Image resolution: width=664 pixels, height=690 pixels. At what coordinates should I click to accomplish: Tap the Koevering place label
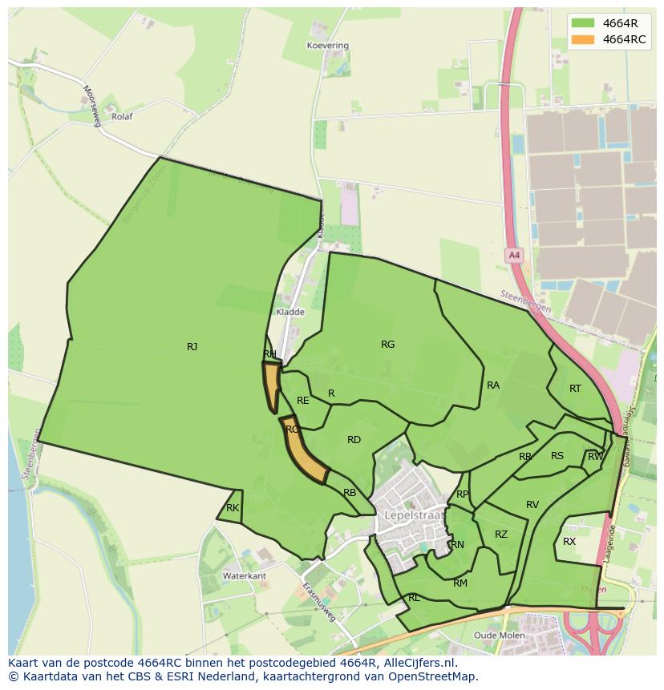(328, 46)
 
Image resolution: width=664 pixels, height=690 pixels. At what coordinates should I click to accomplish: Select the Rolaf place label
(122, 116)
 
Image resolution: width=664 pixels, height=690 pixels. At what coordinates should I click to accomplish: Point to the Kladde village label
(289, 312)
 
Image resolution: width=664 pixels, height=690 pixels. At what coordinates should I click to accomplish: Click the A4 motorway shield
(514, 256)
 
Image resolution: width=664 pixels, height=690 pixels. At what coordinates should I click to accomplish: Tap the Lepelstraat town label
(414, 515)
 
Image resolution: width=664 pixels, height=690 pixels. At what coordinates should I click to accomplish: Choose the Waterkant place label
(245, 576)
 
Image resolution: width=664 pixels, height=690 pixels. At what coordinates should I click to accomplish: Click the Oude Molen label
(500, 636)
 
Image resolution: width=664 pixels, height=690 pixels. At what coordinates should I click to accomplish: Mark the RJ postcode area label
(192, 347)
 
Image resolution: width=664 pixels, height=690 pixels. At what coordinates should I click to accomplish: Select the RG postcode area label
(388, 345)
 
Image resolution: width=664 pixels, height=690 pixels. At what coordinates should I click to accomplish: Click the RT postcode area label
(575, 389)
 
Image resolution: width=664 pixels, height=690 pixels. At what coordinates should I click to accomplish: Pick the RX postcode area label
(569, 542)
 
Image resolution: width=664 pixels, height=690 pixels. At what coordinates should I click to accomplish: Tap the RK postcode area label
(233, 508)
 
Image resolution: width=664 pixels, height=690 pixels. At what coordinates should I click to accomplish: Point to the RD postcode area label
(354, 440)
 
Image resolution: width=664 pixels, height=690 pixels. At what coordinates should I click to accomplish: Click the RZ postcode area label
(501, 535)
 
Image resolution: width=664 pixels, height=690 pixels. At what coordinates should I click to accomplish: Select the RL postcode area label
(414, 598)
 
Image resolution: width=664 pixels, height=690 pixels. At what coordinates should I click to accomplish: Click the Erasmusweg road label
(319, 602)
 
